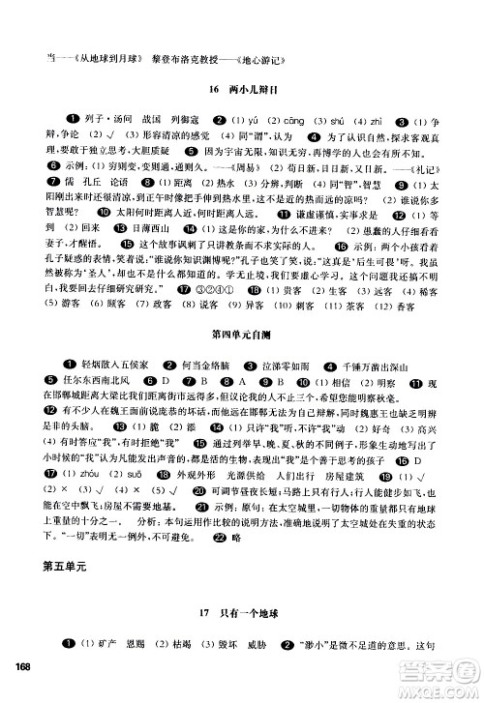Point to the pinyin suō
[x=129, y=502]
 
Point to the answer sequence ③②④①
[x=218, y=316]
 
